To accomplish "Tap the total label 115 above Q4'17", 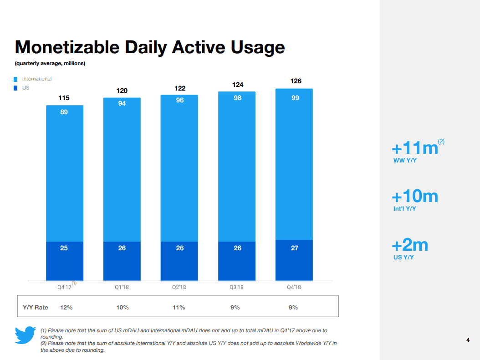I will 64,98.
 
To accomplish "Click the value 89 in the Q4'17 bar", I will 64,112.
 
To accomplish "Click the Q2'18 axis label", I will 179,287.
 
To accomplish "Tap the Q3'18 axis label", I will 237,287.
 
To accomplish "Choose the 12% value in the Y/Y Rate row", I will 66,307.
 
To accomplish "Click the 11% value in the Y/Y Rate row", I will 179,307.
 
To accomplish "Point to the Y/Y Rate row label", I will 36,307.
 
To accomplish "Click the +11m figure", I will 415,148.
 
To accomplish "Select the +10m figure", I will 415,196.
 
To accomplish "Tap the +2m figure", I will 410,245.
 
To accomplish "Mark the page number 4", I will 468,340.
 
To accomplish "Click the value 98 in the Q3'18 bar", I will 237,98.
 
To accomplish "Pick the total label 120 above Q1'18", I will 122,91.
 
